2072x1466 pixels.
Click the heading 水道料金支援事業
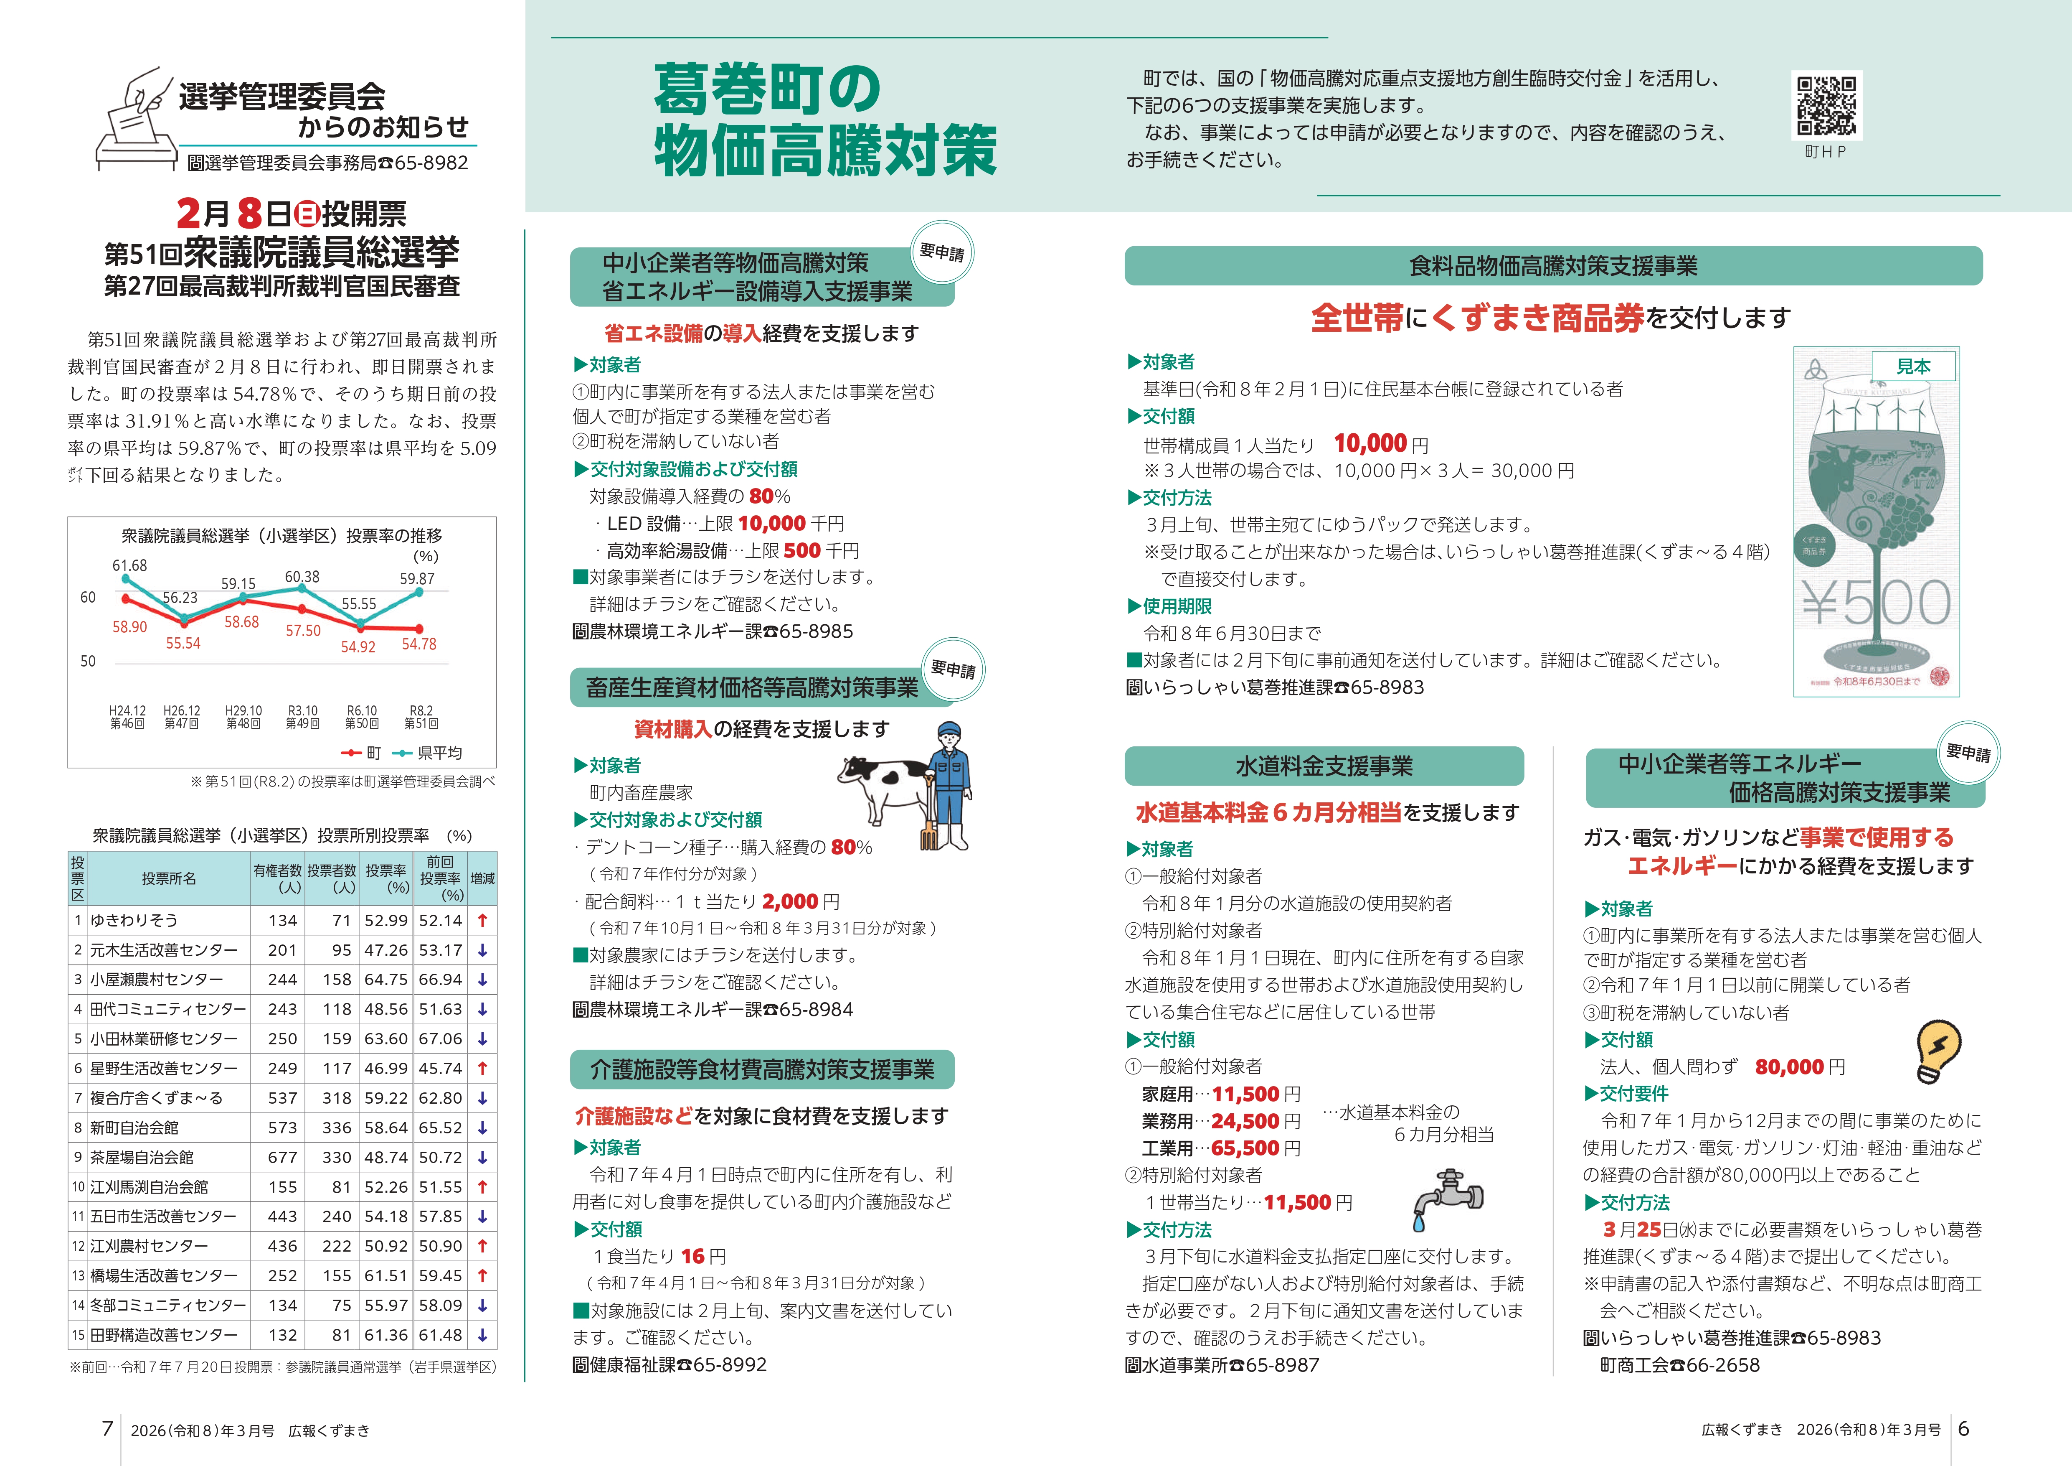[x=1323, y=766]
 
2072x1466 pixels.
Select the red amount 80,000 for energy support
[x=1790, y=1067]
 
